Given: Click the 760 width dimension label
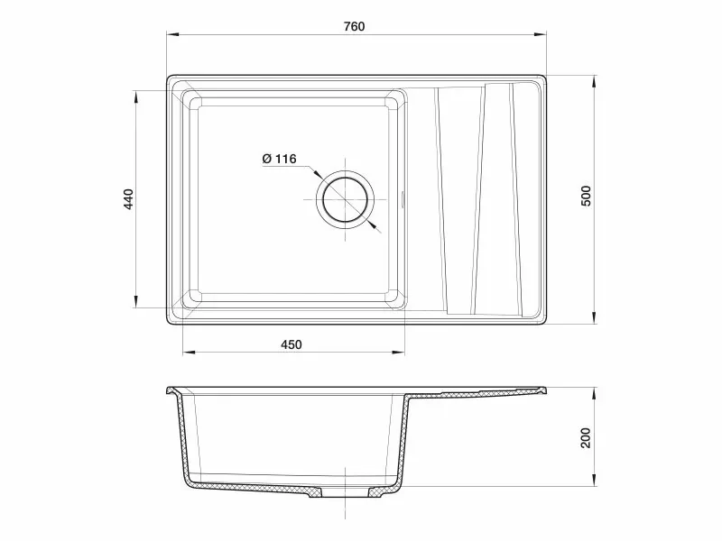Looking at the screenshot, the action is tap(354, 26).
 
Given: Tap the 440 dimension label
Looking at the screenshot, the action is tap(128, 199).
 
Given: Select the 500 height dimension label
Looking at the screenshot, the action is tap(586, 196).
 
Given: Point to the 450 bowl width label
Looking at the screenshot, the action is tap(292, 344).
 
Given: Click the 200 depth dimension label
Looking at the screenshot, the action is tap(585, 437).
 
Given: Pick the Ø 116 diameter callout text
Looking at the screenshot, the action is tap(279, 159).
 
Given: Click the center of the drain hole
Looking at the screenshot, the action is tap(345, 199).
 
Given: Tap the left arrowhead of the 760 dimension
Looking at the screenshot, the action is tap(172, 34).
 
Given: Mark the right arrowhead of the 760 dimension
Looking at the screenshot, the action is tap(540, 34).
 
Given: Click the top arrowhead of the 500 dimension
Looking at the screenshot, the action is tap(595, 81).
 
